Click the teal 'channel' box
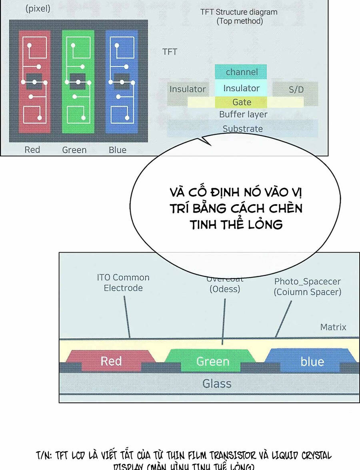click(241, 72)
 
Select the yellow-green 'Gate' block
click(241, 102)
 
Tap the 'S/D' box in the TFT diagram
click(296, 89)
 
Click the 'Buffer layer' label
click(243, 114)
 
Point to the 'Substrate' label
click(243, 129)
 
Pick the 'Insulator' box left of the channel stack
click(187, 89)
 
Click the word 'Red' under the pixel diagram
click(32, 150)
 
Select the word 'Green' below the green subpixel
click(74, 150)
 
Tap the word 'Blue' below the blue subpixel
click(117, 150)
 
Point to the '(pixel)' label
click(38, 9)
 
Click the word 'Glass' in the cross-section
click(217, 384)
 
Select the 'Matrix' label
click(333, 327)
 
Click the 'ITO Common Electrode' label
click(123, 283)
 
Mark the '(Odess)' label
click(225, 289)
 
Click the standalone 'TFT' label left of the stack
click(170, 52)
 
